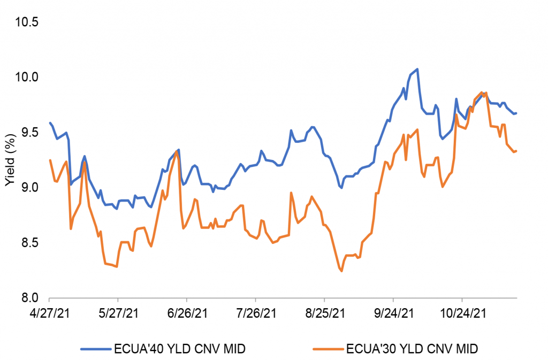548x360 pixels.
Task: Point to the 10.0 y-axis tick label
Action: [x=27, y=77]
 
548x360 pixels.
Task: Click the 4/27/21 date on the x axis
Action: [x=49, y=311]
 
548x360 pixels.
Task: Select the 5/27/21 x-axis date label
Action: [x=118, y=311]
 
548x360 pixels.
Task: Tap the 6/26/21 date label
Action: [x=187, y=311]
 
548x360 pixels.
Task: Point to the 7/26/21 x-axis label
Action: [x=256, y=311]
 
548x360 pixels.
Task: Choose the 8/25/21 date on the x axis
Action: [x=324, y=311]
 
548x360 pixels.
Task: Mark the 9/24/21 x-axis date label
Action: [x=393, y=311]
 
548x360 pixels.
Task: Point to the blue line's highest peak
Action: [x=417, y=69]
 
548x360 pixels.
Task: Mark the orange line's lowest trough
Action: [x=341, y=271]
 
